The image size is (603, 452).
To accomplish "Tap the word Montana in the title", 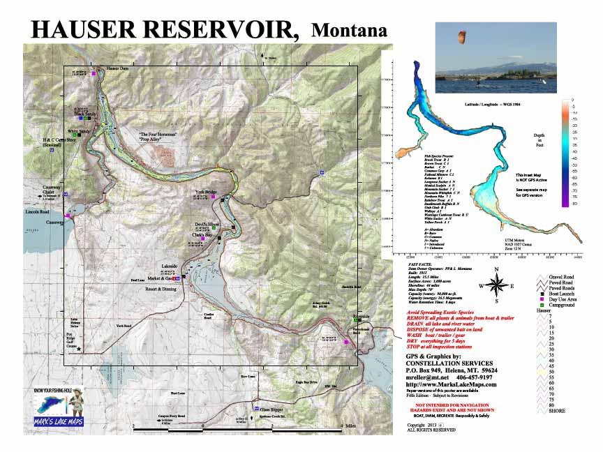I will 350,30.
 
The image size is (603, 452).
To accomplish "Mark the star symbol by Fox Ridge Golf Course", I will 80,348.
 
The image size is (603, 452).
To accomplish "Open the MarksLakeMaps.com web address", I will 453,384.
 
